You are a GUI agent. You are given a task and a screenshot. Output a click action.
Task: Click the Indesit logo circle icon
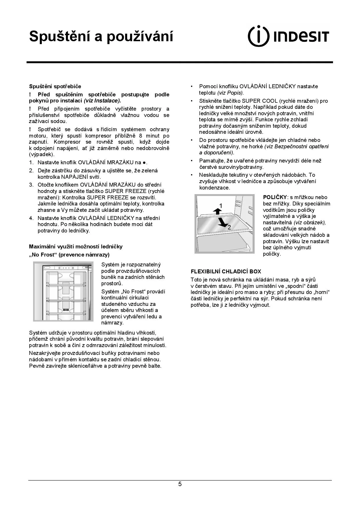click(x=259, y=36)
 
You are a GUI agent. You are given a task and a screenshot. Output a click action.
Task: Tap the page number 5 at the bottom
click(x=180, y=484)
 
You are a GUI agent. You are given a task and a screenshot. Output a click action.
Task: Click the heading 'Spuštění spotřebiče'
click(x=55, y=86)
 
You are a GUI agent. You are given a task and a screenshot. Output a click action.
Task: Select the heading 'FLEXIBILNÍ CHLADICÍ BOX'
click(x=226, y=272)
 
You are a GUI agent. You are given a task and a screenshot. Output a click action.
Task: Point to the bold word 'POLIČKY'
click(x=275, y=197)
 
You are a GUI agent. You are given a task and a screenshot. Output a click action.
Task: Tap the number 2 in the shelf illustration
click(x=229, y=227)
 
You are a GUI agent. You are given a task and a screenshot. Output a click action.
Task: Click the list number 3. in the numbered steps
click(x=31, y=185)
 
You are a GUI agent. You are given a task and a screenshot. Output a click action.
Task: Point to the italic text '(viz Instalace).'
click(x=102, y=101)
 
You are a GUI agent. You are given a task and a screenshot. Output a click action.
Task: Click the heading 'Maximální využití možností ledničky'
click(x=76, y=247)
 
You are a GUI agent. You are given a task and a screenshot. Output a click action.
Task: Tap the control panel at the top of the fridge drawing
click(x=68, y=268)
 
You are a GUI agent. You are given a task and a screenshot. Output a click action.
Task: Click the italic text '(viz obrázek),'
click(x=310, y=223)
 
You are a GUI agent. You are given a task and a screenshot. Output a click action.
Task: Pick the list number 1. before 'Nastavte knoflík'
click(x=31, y=163)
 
